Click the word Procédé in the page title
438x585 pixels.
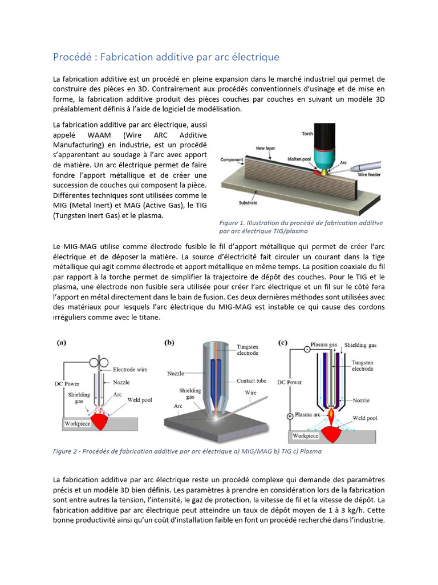point(71,57)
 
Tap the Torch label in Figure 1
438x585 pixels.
point(307,134)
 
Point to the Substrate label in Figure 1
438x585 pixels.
point(249,202)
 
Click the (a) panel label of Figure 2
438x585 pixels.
point(61,343)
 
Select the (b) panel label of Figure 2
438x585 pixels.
point(169,343)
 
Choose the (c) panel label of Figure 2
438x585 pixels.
point(282,343)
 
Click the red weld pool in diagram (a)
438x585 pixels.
point(100,422)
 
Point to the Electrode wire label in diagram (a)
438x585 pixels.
point(130,370)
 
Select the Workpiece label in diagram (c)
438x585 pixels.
point(305,435)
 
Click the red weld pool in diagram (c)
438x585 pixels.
point(335,433)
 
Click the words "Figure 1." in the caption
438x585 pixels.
point(233,223)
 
